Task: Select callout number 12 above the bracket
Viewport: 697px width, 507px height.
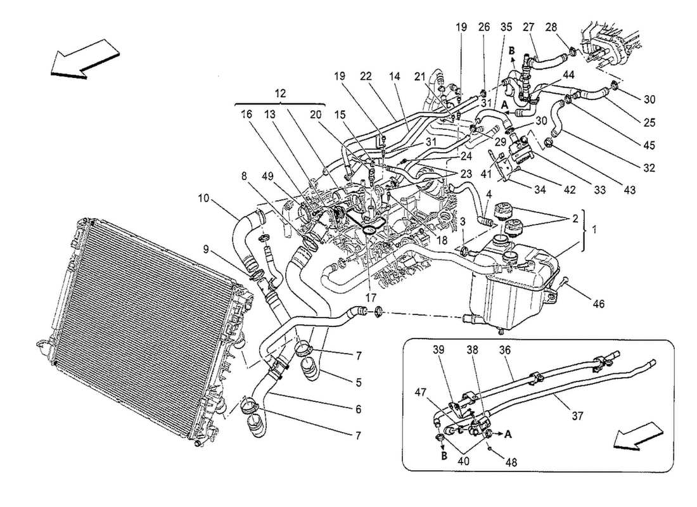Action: tap(279, 93)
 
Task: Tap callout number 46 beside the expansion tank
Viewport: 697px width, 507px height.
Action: tap(599, 304)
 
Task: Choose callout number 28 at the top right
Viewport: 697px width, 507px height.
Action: tap(551, 27)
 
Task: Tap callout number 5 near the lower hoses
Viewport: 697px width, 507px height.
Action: tap(359, 382)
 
